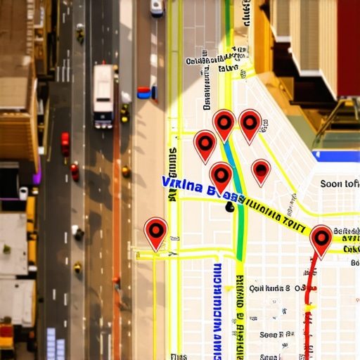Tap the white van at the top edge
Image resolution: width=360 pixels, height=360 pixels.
156,8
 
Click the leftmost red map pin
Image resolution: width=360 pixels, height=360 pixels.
155,232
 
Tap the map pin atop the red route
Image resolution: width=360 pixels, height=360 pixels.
321,239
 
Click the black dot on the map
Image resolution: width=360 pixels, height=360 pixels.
230,207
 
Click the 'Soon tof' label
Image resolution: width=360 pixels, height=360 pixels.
339,184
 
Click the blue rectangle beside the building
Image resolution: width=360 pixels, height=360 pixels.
335,156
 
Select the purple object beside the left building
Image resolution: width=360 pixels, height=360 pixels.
37,172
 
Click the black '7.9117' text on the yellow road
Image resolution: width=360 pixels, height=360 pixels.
281,222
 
